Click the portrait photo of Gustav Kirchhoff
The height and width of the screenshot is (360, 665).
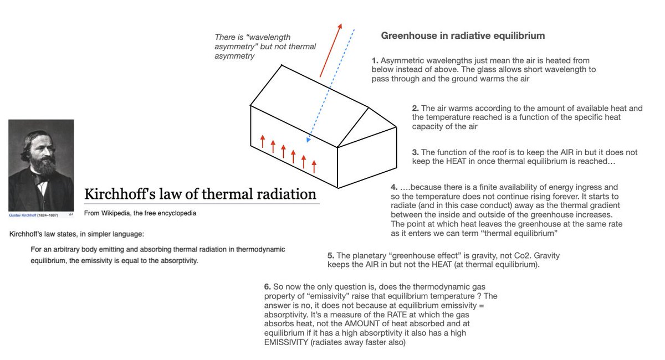pyautogui.click(x=41, y=165)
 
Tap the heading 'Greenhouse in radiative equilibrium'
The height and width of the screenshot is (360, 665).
pyautogui.click(x=463, y=36)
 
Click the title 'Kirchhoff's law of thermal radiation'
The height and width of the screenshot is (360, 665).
pyautogui.click(x=200, y=194)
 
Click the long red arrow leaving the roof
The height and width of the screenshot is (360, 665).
pyautogui.click(x=330, y=50)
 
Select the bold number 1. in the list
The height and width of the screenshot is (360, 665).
pyautogui.click(x=375, y=60)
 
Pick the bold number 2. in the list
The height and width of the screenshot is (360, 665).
pyautogui.click(x=415, y=109)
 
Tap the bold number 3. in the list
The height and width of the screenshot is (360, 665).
pyautogui.click(x=415, y=152)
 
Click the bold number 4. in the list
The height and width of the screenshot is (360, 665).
pyautogui.click(x=394, y=188)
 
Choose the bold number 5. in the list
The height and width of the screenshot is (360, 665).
pyautogui.click(x=331, y=256)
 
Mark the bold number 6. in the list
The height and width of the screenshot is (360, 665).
pyautogui.click(x=267, y=287)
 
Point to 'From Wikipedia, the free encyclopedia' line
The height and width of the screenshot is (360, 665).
pyautogui.click(x=140, y=213)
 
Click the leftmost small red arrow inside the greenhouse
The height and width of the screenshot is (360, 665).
pyautogui.click(x=263, y=141)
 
